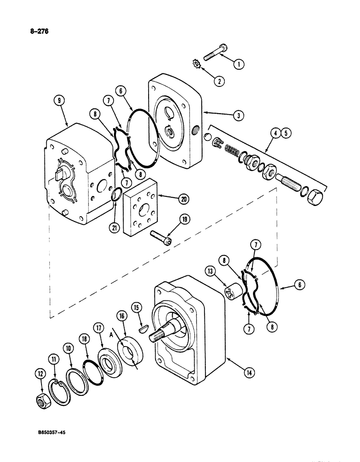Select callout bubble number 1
tap(238, 65)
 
